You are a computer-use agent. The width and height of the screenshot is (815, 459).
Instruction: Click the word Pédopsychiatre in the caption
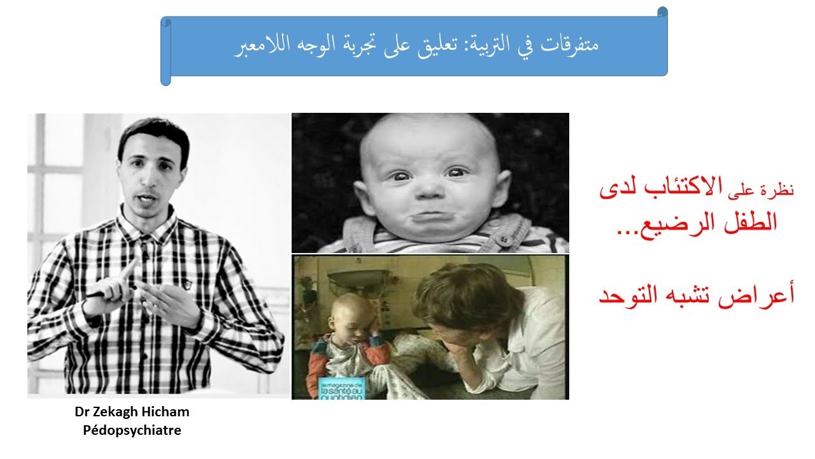[x=132, y=430]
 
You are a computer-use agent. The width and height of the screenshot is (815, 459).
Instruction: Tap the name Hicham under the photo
[x=167, y=412]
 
